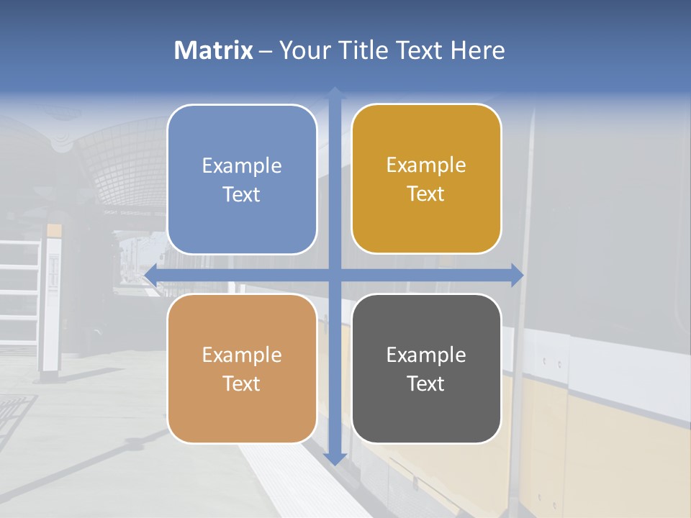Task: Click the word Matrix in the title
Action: point(214,50)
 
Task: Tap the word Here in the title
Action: point(477,50)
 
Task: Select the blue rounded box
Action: point(242,179)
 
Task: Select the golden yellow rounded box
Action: point(426,178)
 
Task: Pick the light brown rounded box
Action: point(242,368)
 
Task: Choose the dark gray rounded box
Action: point(426,368)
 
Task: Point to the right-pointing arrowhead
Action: point(518,275)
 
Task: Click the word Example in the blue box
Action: point(242,166)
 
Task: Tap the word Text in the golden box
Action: point(426,194)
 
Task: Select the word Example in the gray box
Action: point(426,355)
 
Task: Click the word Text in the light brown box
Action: point(242,383)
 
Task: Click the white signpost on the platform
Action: point(53,302)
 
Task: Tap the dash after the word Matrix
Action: point(266,51)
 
